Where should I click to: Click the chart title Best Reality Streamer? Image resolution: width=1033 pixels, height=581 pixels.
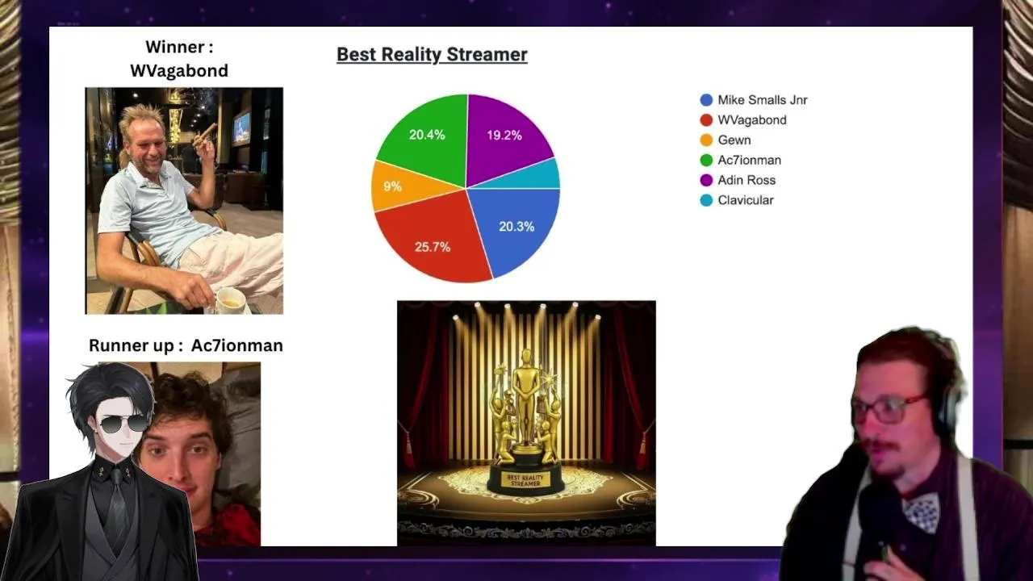(432, 54)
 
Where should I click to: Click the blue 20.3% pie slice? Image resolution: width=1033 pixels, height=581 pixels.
(516, 226)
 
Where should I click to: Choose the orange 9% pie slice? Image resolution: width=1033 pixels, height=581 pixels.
(396, 186)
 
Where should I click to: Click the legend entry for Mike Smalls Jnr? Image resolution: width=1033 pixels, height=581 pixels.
(754, 99)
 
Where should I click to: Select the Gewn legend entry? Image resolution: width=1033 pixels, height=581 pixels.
(726, 140)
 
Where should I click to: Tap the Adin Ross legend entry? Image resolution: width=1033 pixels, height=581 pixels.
(738, 180)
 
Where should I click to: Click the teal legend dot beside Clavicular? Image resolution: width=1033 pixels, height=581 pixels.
(706, 200)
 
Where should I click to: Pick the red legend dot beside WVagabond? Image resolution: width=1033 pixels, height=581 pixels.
(706, 120)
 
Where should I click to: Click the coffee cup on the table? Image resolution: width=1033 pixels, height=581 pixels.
(230, 301)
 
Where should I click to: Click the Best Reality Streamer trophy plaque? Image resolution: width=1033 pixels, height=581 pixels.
(525, 480)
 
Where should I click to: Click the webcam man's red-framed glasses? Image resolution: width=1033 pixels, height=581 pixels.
(888, 409)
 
